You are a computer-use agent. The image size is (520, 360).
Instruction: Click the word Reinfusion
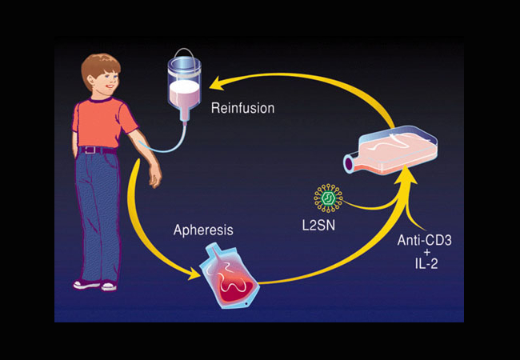coord(242,108)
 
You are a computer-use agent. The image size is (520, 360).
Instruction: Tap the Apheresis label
coord(203,230)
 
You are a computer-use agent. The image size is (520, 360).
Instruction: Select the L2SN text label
coord(318,226)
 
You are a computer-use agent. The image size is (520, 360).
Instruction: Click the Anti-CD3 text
coord(424,240)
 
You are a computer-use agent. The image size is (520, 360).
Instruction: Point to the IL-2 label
coord(426,264)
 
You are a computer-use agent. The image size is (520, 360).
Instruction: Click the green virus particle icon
coord(328,198)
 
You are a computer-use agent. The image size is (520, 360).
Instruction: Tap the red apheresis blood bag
coord(229,276)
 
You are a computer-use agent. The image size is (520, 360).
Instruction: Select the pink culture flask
coord(390,150)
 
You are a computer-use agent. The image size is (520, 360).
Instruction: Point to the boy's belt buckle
coord(90,150)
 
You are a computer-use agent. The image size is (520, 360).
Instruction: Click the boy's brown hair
coord(99,68)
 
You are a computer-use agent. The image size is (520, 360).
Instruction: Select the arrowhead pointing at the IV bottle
coord(217,83)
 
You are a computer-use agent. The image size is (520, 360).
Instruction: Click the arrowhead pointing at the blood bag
coord(194,274)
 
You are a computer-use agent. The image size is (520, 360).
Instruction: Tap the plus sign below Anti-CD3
coord(427,252)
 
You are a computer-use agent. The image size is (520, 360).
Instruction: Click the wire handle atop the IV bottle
coord(184,54)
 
